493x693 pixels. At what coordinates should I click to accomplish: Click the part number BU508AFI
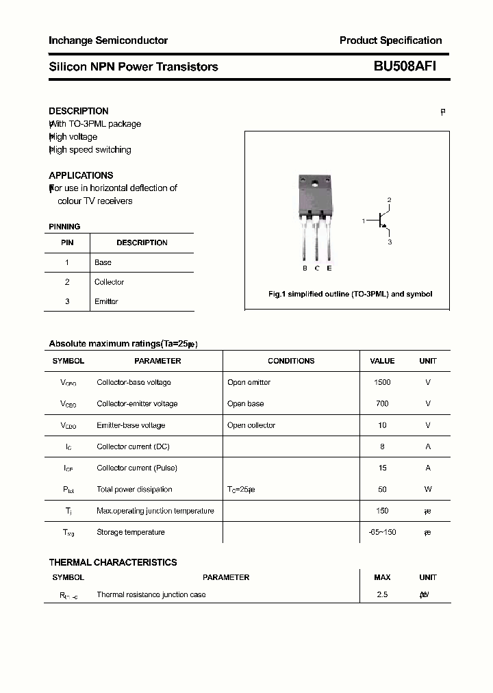pos(405,66)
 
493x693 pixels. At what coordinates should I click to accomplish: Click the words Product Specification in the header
pos(390,40)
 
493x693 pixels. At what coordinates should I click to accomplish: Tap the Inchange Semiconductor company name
pos(108,40)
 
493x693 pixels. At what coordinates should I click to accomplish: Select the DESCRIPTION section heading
pos(79,111)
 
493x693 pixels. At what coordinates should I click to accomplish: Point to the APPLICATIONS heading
pos(81,175)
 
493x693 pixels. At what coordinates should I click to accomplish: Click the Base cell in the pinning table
pos(103,262)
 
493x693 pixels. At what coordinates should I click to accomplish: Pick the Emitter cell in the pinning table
pos(106,301)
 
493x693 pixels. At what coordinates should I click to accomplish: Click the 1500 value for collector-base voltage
pos(382,382)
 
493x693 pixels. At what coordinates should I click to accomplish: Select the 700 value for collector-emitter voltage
pos(382,403)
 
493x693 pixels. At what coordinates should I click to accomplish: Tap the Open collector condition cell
pos(251,425)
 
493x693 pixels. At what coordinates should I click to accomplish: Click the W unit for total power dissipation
pos(428,489)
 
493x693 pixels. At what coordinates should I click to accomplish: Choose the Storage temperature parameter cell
pos(131,532)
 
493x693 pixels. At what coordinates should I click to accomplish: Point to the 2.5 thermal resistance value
pos(382,594)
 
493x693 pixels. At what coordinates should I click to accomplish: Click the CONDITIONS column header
pos(291,361)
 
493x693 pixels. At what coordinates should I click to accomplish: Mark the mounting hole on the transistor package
pos(316,183)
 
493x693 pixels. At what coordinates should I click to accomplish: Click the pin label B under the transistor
pos(305,268)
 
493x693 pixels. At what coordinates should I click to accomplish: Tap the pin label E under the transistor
pos(329,268)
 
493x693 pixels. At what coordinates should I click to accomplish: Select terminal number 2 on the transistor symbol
pos(389,200)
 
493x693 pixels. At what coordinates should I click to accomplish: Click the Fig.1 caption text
pos(349,294)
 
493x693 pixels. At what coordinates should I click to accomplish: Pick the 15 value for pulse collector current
pos(382,468)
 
